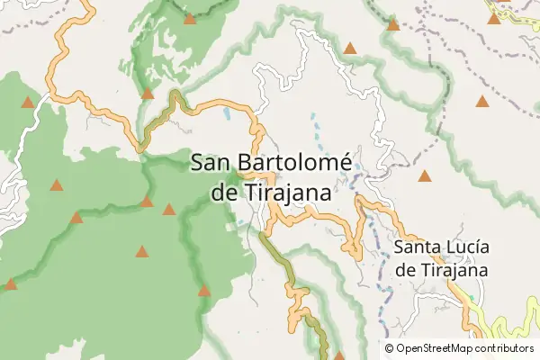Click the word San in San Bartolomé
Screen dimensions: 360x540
(212, 163)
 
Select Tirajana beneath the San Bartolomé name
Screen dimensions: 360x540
(284, 193)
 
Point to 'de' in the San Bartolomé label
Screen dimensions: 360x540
(221, 193)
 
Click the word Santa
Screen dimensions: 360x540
(418, 247)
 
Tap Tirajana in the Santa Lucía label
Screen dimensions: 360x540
(453, 269)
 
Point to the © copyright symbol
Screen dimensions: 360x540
(389, 347)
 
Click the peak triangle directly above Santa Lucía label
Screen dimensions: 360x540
(424, 176)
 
